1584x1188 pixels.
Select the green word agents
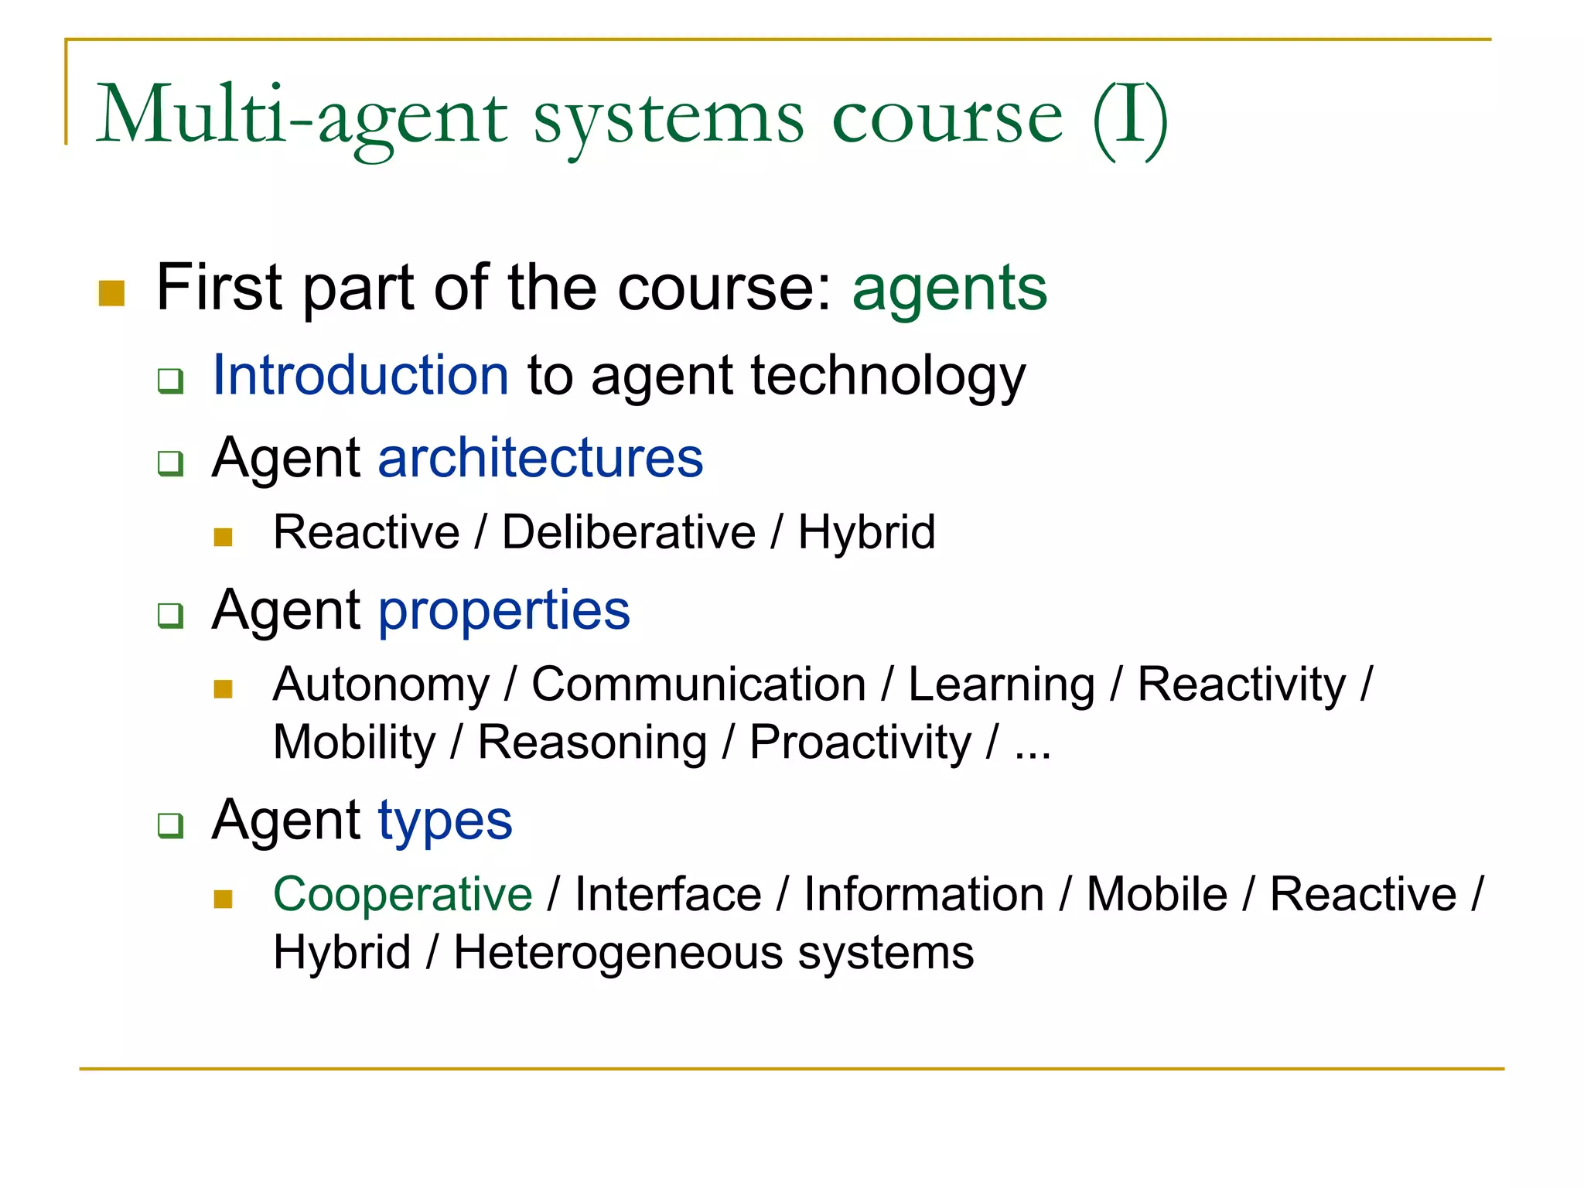[x=949, y=289]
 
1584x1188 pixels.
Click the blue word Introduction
[x=360, y=375]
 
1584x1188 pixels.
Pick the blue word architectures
[x=540, y=458]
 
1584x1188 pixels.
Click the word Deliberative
[x=629, y=533]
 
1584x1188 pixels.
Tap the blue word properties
[x=504, y=611]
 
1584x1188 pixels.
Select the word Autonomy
[x=381, y=685]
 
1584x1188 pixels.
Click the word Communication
[x=698, y=685]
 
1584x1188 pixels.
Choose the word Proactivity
[x=860, y=743]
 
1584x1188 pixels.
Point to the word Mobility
[x=355, y=743]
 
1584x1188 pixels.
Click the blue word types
[x=445, y=821]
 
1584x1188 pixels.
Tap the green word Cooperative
[x=402, y=895]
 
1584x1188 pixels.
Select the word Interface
[x=668, y=895]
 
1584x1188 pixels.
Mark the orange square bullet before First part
[x=112, y=293]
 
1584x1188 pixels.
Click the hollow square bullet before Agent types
[x=170, y=825]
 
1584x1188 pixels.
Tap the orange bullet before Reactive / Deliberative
[x=224, y=537]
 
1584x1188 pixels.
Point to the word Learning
[x=1001, y=685]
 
